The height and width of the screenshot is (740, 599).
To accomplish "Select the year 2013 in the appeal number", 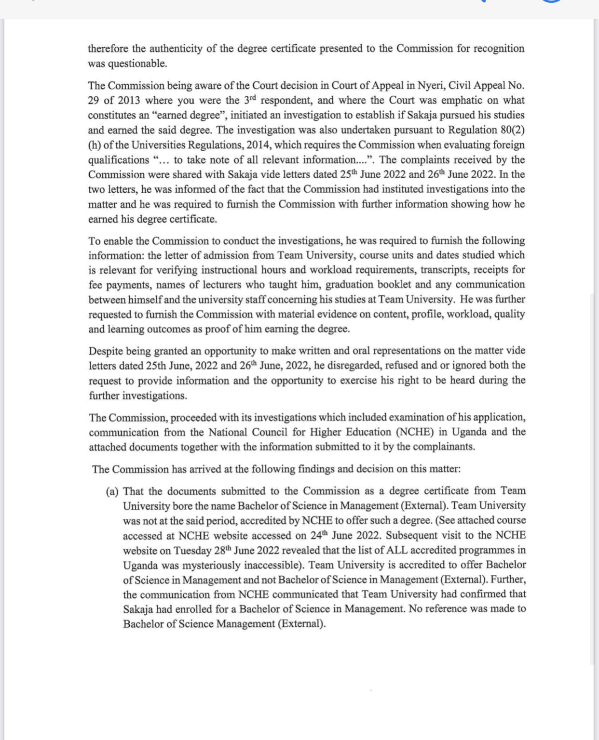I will tap(129, 101).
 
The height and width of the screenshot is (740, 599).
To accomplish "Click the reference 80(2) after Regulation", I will tap(512, 130).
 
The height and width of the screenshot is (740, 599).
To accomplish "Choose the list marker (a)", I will tap(112, 491).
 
